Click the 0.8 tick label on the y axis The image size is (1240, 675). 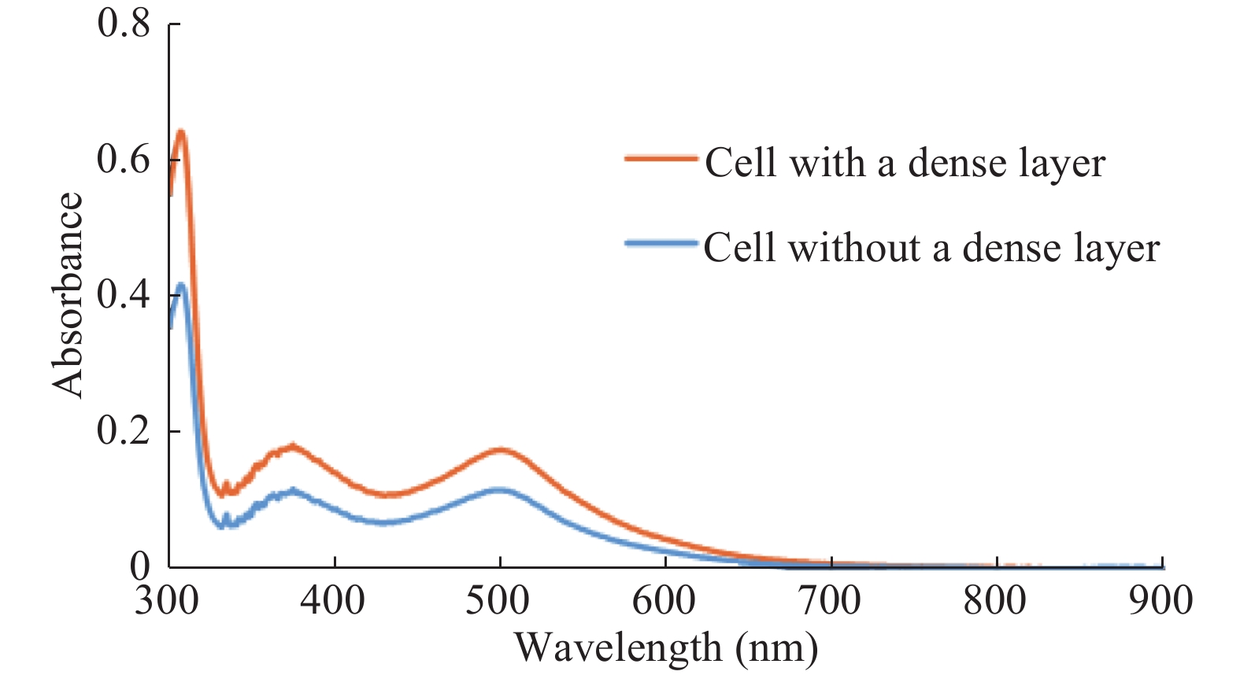click(x=124, y=24)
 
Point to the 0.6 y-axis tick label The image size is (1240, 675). click(x=124, y=160)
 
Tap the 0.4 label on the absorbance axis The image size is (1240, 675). click(x=124, y=296)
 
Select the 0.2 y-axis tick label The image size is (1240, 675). click(x=124, y=431)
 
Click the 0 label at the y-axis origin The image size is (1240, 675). click(x=139, y=566)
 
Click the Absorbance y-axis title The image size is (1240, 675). click(x=68, y=295)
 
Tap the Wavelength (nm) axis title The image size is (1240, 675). click(x=666, y=648)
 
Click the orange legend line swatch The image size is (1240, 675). click(x=661, y=158)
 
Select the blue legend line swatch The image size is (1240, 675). click(x=661, y=243)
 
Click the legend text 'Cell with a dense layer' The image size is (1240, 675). click(x=905, y=164)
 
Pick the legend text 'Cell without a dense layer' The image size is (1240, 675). click(x=931, y=249)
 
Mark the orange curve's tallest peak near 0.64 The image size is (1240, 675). click(x=181, y=131)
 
